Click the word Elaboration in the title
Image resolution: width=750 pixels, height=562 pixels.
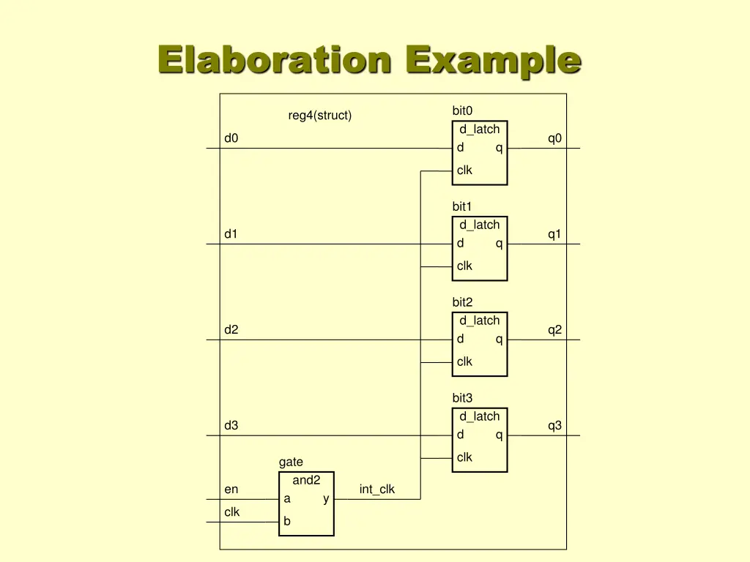(275, 60)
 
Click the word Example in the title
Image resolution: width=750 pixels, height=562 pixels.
(494, 60)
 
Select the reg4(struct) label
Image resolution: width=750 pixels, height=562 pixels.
(319, 116)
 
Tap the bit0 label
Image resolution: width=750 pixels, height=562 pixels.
(462, 110)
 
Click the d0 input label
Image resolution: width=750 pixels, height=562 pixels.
(231, 138)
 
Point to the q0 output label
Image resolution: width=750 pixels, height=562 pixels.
(554, 138)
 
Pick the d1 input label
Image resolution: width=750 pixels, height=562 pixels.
(231, 234)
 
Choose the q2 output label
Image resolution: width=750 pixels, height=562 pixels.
(554, 330)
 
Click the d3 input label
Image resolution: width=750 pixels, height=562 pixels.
(231, 426)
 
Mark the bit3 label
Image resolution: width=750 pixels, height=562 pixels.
(462, 398)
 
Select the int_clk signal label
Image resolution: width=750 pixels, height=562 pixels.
(376, 490)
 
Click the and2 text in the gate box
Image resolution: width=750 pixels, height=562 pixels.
(306, 480)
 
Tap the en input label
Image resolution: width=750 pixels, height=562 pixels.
(231, 490)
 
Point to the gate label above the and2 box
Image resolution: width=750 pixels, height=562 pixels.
(291, 462)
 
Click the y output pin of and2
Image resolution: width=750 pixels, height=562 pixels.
(326, 499)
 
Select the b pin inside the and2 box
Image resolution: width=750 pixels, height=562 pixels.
(287, 522)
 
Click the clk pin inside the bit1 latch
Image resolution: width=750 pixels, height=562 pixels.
(464, 266)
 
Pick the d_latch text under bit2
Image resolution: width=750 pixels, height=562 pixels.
(479, 321)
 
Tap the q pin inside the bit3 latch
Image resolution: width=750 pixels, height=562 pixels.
(499, 435)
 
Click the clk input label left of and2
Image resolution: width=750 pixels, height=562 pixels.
(231, 512)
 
